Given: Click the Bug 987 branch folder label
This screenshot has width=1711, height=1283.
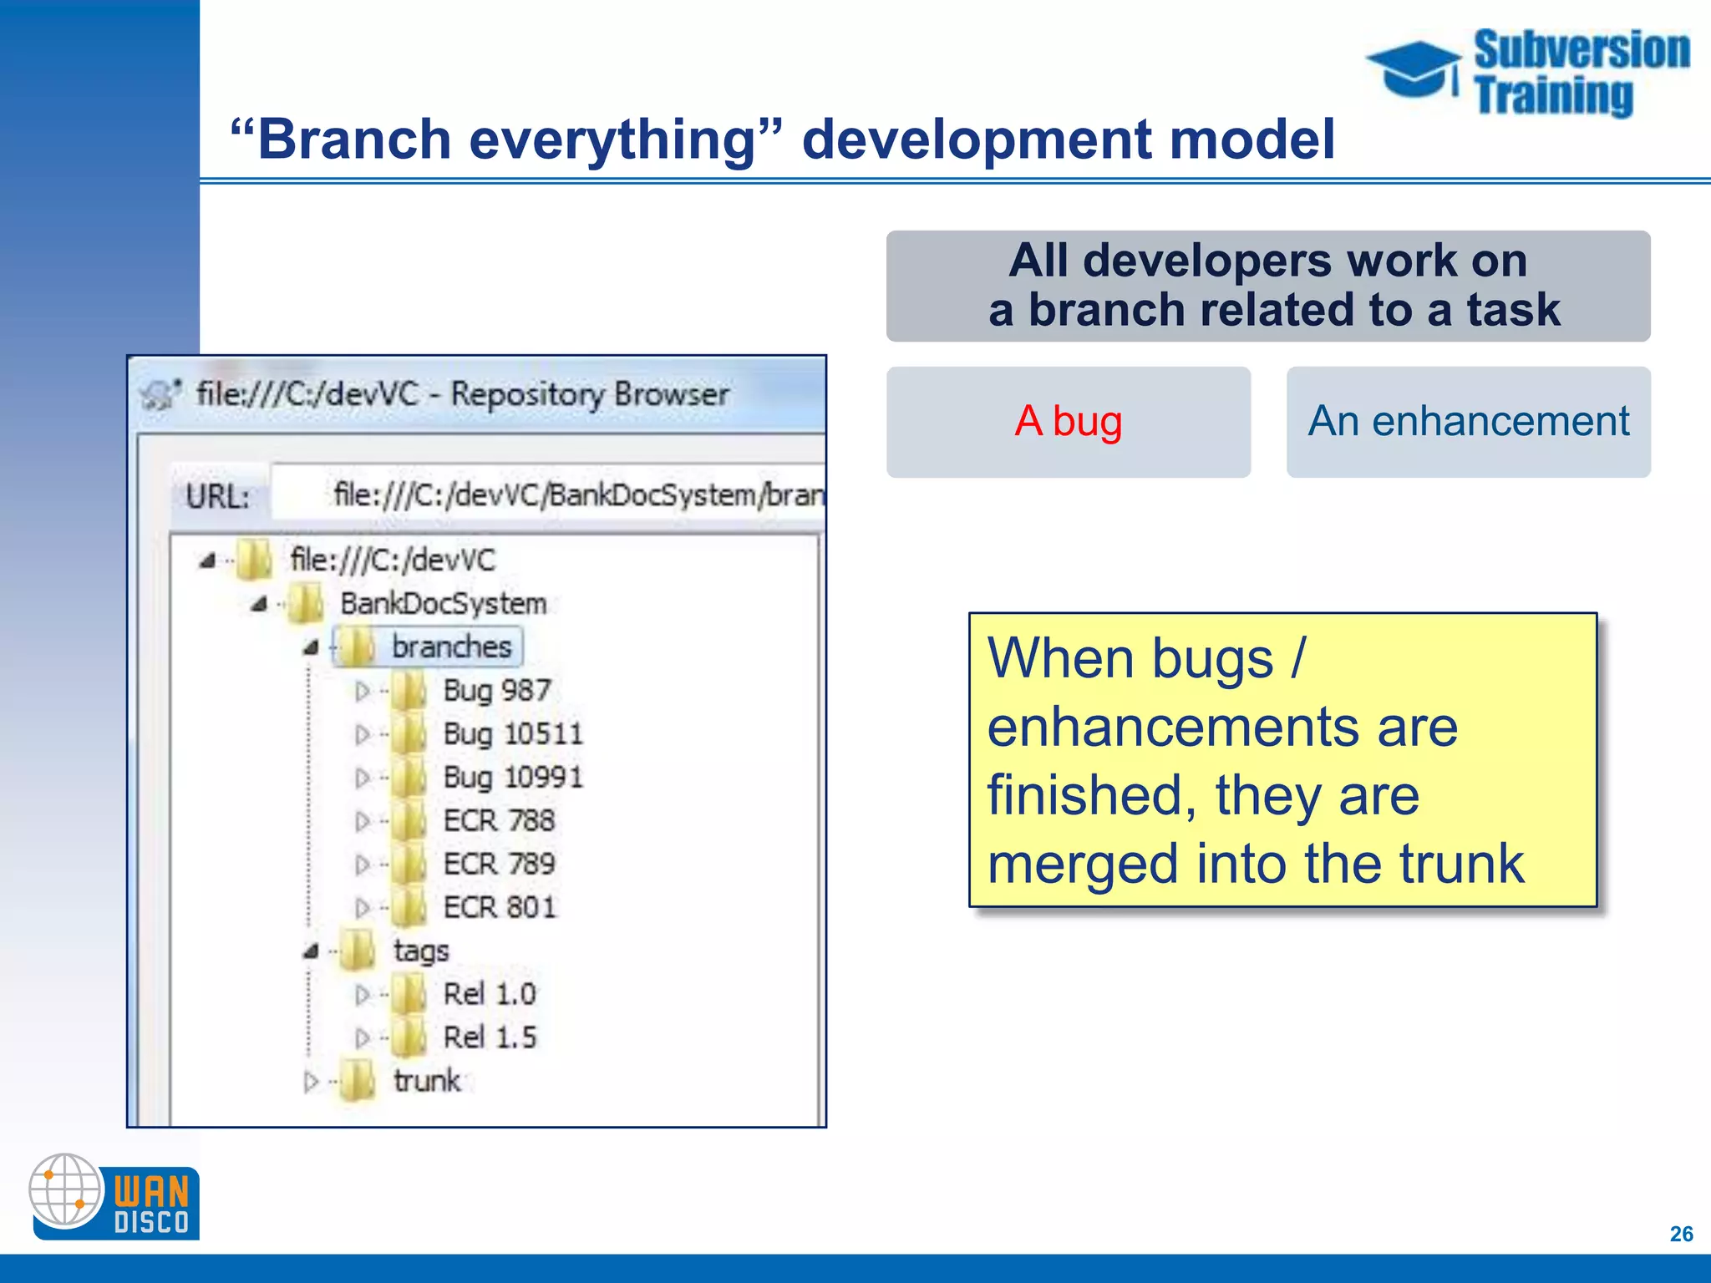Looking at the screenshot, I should tap(496, 691).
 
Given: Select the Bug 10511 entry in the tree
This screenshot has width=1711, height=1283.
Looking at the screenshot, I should tap(512, 734).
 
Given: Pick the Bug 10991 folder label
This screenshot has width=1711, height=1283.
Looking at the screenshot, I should tap(512, 778).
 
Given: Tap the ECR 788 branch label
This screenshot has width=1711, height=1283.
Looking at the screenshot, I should tap(499, 821).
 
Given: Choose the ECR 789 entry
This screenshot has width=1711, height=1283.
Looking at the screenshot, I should tap(499, 865).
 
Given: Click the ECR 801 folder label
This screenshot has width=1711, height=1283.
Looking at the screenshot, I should tap(499, 908).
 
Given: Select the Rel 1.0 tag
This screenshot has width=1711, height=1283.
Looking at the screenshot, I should tap(490, 994).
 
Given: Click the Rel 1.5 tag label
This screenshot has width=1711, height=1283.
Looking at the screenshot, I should tap(490, 1037).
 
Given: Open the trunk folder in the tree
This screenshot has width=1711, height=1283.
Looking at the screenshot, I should tap(426, 1081).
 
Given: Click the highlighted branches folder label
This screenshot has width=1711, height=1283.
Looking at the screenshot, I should tap(451, 647).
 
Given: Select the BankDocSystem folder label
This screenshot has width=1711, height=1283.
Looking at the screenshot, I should tap(443, 604).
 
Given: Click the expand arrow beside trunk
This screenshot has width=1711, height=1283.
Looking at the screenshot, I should tap(311, 1083).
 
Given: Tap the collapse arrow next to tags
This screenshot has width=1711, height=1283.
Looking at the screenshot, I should tap(312, 951).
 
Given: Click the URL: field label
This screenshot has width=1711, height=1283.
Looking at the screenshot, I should tap(217, 497).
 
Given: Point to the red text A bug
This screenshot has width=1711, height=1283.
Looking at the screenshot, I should tap(1068, 421).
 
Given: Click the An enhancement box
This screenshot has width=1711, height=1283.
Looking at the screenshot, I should tap(1468, 421).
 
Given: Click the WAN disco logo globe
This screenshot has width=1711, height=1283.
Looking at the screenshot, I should tap(65, 1190).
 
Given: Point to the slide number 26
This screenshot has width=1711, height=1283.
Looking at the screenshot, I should tap(1681, 1234).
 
